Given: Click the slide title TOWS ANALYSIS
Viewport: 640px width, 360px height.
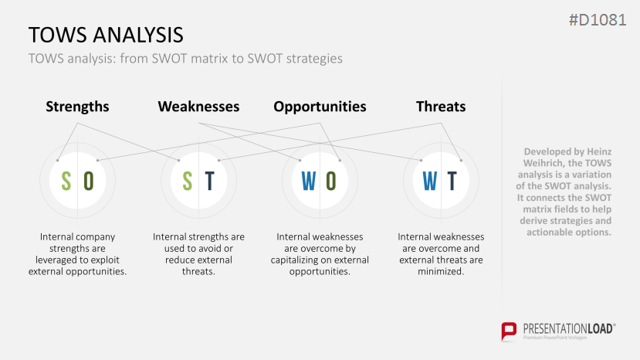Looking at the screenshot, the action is click(106, 35).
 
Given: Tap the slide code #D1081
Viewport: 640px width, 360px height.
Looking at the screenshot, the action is click(598, 20).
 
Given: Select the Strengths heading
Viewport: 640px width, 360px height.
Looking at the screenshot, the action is click(77, 107).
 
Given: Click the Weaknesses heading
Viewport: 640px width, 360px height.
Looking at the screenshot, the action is click(198, 107).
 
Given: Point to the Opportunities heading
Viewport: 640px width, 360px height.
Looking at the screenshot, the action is click(320, 107).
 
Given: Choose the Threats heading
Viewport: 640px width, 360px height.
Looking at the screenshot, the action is click(441, 107).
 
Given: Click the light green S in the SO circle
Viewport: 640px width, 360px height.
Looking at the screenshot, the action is click(66, 181).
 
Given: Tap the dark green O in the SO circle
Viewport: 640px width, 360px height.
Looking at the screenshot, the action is click(89, 181).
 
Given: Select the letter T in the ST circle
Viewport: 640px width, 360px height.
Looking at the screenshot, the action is click(209, 181).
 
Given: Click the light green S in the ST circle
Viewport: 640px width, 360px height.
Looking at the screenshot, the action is click(188, 181).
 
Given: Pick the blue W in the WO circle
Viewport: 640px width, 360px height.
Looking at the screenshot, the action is click(309, 181).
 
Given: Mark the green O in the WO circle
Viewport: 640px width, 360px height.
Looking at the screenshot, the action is click(331, 181).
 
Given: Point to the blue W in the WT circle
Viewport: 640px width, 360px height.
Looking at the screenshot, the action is click(430, 181).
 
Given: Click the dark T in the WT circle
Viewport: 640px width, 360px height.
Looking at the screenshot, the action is click(452, 181).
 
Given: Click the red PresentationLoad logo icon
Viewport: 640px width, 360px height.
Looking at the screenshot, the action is click(509, 331).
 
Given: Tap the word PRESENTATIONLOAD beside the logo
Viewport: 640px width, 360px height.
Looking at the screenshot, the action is click(567, 329).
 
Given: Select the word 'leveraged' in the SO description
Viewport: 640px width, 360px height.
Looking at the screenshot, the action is click(55, 260).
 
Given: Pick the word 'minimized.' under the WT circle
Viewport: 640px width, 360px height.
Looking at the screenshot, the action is click(441, 271).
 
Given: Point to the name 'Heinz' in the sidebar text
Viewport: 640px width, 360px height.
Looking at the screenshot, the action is click(598, 151).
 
